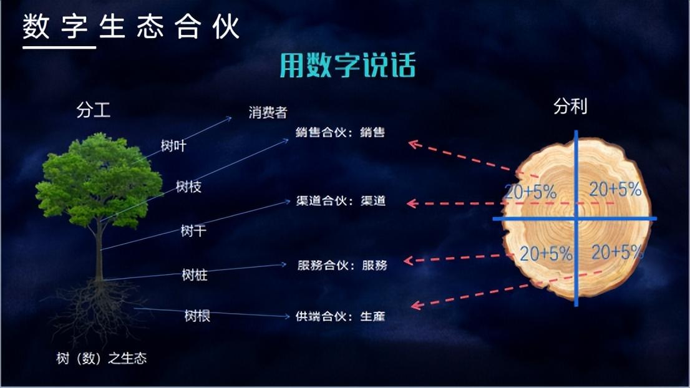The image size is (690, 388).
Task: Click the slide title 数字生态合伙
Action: (131, 26)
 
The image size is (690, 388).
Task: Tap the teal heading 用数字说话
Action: (347, 65)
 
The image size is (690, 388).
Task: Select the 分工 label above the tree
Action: (94, 110)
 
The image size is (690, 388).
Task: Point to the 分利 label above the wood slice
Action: (570, 107)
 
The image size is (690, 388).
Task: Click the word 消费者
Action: (268, 113)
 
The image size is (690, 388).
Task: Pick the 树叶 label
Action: (173, 145)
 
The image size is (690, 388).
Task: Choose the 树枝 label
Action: (188, 187)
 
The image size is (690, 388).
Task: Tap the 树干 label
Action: (193, 231)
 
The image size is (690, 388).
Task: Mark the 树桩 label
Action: (195, 275)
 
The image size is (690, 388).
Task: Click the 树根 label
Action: (197, 316)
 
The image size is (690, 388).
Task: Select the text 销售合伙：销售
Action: (340, 132)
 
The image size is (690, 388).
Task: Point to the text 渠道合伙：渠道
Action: (341, 201)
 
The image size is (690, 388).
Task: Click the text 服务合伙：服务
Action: (342, 265)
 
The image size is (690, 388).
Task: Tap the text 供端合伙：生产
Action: (340, 316)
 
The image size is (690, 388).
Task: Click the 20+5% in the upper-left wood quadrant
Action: (530, 192)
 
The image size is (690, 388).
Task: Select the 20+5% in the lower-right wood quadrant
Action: (617, 252)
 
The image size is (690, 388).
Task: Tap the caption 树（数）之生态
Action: (101, 359)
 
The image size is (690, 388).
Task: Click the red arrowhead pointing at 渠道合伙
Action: (412, 203)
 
